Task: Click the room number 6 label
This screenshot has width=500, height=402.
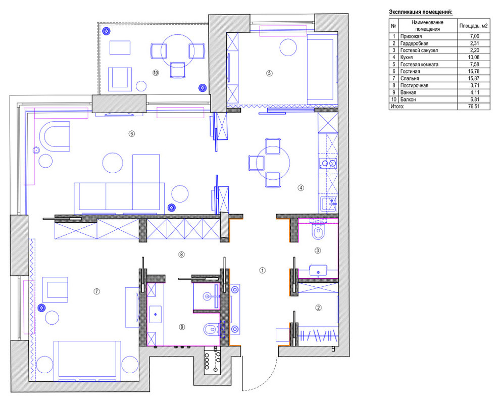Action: pyautogui.click(x=131, y=133)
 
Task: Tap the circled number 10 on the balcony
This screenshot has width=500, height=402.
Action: pyautogui.click(x=155, y=73)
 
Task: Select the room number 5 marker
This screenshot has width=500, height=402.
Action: pyautogui.click(x=269, y=73)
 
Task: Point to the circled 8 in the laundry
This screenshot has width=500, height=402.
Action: pyautogui.click(x=181, y=255)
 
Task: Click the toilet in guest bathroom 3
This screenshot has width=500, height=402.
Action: pyautogui.click(x=318, y=231)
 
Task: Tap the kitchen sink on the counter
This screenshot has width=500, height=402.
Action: pyautogui.click(x=329, y=204)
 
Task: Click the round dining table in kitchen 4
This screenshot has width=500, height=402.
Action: pyautogui.click(x=273, y=163)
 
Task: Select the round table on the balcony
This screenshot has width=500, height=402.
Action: pyautogui.click(x=177, y=51)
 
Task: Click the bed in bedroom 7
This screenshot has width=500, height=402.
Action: pyautogui.click(x=87, y=361)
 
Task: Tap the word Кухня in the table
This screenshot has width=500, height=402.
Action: pyautogui.click(x=406, y=58)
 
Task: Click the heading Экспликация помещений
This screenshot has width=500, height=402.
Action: pyautogui.click(x=421, y=12)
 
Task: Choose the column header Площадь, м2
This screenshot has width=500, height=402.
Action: pyautogui.click(x=473, y=26)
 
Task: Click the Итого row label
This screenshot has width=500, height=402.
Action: pyautogui.click(x=397, y=107)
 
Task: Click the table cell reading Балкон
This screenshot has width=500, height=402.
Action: pyautogui.click(x=408, y=99)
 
